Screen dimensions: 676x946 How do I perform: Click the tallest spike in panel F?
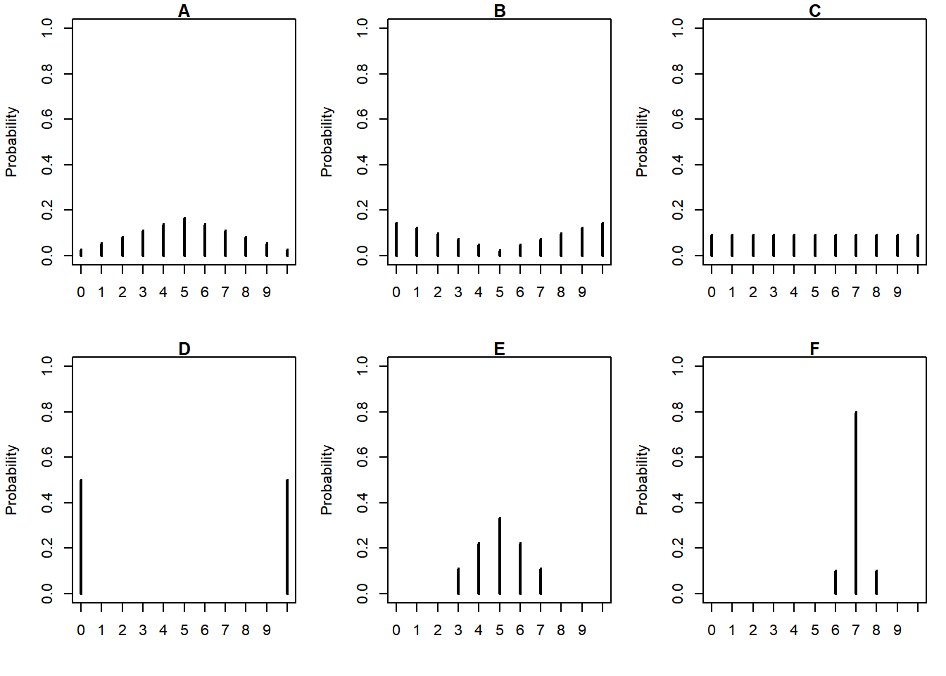click(x=856, y=503)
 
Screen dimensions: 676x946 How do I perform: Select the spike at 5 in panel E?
click(x=500, y=556)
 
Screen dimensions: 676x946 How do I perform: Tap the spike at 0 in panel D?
click(x=81, y=537)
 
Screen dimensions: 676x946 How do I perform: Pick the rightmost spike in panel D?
click(x=287, y=537)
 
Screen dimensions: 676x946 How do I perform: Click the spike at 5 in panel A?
click(x=184, y=237)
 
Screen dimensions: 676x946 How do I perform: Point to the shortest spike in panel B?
click(x=500, y=252)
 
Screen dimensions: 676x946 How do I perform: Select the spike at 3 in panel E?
click(x=458, y=581)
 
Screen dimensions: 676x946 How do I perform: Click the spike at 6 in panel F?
click(x=835, y=582)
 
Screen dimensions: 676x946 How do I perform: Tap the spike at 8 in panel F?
click(x=876, y=582)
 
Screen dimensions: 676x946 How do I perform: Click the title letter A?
click(x=184, y=11)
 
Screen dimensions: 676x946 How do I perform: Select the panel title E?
click(x=500, y=349)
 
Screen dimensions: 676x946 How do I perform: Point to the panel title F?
click(x=815, y=349)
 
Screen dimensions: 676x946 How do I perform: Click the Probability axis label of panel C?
click(x=641, y=142)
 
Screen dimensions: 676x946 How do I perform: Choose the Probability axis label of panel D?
click(x=11, y=480)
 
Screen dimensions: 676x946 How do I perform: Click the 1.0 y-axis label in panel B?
click(x=362, y=28)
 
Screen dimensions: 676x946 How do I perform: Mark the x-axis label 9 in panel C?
click(x=897, y=292)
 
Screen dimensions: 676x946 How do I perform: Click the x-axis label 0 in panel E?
click(x=396, y=630)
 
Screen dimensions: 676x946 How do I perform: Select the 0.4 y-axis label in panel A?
click(x=47, y=165)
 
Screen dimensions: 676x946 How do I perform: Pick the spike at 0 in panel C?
click(x=712, y=245)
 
